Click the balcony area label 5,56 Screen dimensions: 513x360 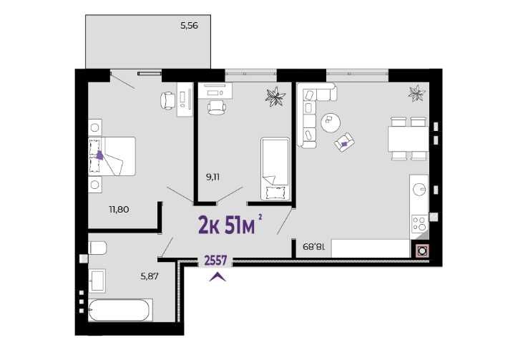189,26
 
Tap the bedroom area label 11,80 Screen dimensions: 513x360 119,210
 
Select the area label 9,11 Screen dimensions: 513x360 212,177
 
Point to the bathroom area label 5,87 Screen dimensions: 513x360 150,276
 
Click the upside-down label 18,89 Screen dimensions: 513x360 314,246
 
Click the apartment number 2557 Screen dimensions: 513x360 215,261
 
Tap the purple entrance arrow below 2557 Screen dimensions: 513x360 218,277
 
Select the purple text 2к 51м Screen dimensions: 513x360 226,225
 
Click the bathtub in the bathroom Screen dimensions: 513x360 120,310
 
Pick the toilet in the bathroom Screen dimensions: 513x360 97,248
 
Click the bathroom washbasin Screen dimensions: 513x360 97,281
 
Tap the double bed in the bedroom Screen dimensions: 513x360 112,157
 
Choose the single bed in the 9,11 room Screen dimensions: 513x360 275,169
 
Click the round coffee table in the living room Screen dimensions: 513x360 331,122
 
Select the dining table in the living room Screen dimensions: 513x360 408,139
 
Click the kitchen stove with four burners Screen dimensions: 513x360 419,223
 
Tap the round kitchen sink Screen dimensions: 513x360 419,190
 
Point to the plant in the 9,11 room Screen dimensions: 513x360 275,96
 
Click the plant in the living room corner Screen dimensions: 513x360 416,93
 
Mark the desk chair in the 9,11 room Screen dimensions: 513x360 217,107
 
